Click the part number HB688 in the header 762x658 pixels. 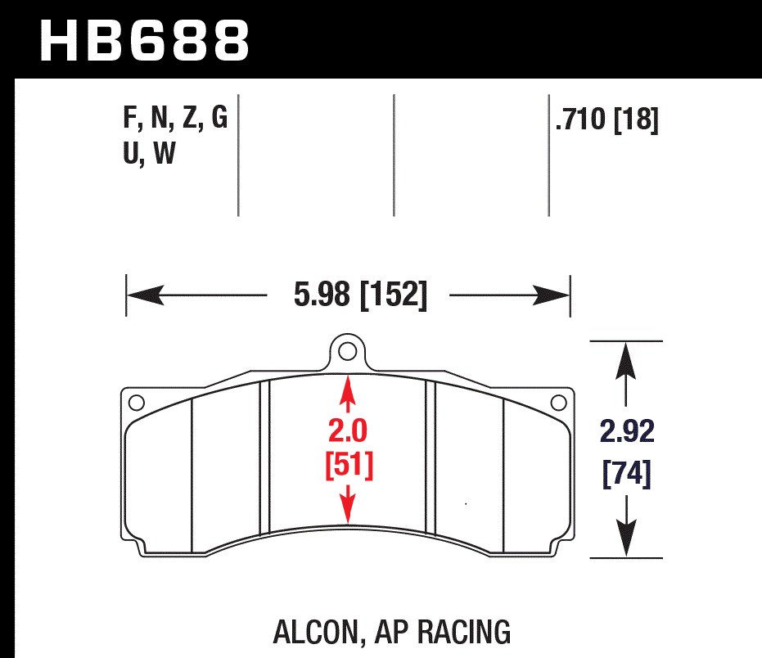pyautogui.click(x=144, y=40)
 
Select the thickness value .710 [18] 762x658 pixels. pyautogui.click(x=606, y=120)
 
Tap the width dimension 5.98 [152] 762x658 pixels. pyautogui.click(x=360, y=295)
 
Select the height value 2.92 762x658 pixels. pyautogui.click(x=626, y=431)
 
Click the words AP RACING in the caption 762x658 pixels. pyautogui.click(x=442, y=632)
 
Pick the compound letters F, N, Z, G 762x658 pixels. pyautogui.click(x=175, y=119)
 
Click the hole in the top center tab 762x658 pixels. pyautogui.click(x=347, y=352)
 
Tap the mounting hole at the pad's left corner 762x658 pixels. pyautogui.click(x=137, y=402)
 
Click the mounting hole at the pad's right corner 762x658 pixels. pyautogui.click(x=559, y=402)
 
